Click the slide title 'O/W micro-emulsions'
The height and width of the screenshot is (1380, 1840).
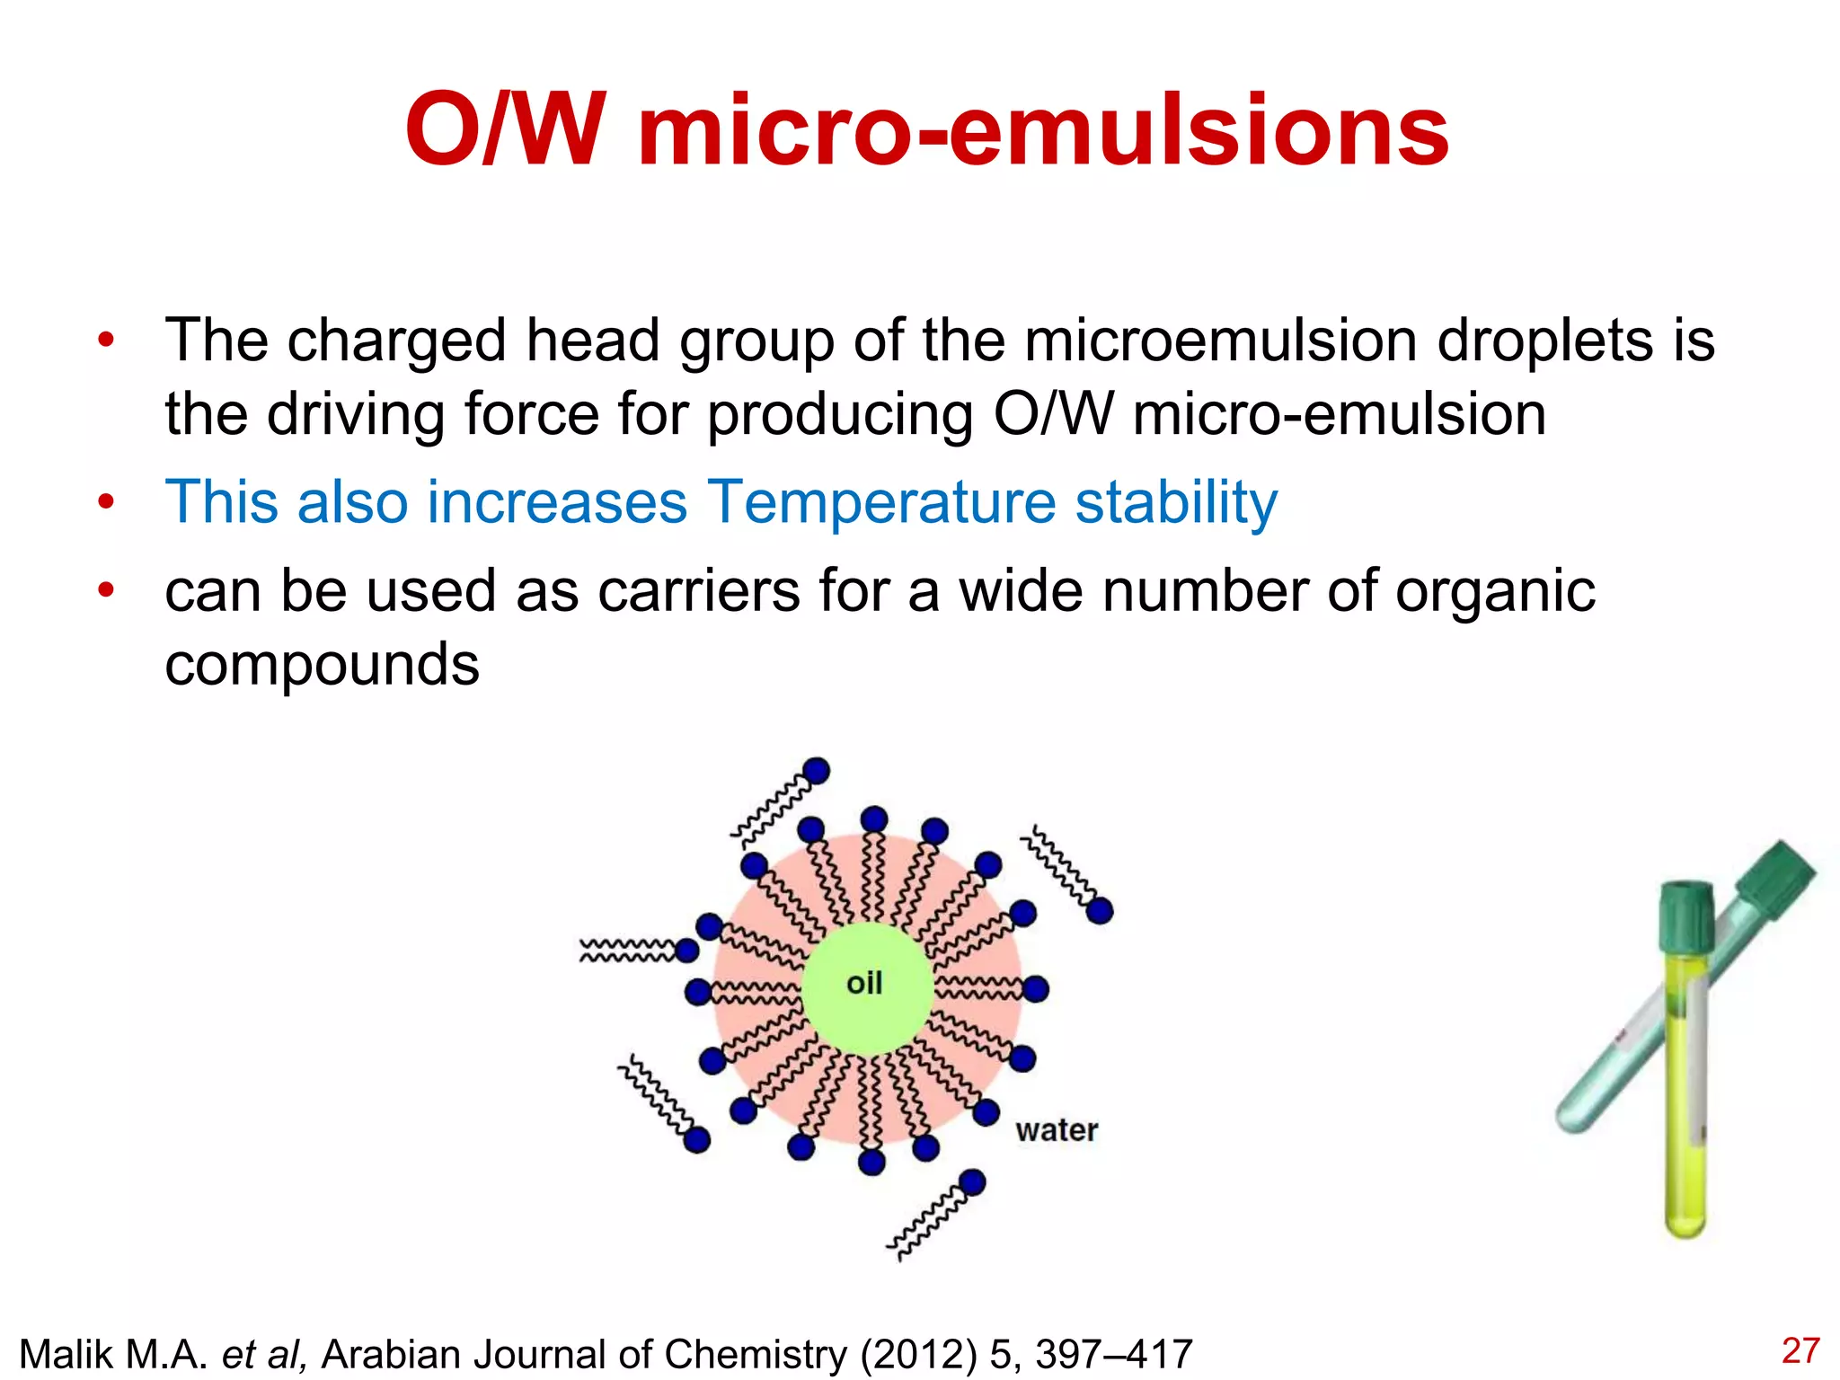coord(927,131)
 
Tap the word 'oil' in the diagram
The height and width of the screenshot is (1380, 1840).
coord(864,983)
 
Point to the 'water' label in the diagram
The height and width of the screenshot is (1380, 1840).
coord(1057,1130)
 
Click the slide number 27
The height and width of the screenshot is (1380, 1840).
coord(1800,1351)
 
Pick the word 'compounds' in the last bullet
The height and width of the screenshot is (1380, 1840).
coord(322,664)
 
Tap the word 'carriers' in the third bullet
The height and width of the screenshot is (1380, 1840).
coord(698,591)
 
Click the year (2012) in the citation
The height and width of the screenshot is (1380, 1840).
coord(918,1355)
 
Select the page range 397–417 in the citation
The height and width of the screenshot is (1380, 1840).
coord(1113,1355)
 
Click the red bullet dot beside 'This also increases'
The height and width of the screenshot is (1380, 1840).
coord(107,501)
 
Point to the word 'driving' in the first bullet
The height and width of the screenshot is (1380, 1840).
coord(356,414)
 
